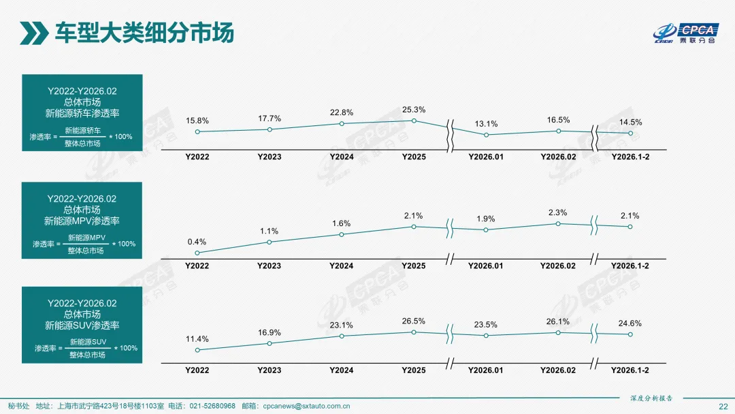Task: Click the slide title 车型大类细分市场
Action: (144, 32)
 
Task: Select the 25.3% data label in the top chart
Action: (414, 109)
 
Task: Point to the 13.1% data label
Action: (486, 124)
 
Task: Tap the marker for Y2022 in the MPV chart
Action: (197, 253)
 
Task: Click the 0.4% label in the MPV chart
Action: (197, 242)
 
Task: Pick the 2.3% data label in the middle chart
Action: (557, 212)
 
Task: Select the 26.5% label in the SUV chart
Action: (414, 321)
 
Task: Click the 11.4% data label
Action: (197, 338)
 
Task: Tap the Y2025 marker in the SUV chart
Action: (414, 332)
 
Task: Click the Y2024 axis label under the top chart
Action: (342, 157)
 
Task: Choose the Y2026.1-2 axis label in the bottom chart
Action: (630, 370)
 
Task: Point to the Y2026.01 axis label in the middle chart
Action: (486, 266)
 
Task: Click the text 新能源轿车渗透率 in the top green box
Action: (82, 113)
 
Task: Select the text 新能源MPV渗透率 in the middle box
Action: (82, 221)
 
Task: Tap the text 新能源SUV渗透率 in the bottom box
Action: (82, 325)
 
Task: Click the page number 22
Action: (723, 406)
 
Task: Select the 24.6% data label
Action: (630, 323)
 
